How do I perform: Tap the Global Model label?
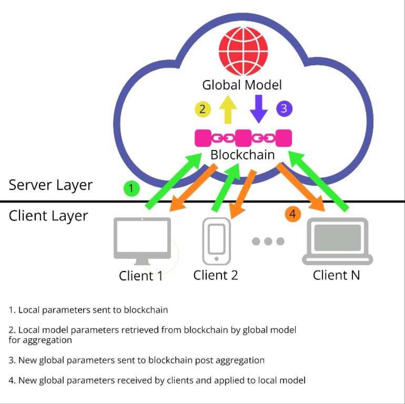point(242,85)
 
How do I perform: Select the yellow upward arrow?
point(227,109)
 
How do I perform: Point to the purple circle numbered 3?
point(284,109)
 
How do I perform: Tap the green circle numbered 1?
point(132,188)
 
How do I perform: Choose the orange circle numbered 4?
point(292,214)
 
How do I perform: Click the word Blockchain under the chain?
point(242,154)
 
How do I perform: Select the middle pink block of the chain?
point(243,138)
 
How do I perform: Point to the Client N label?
point(336,275)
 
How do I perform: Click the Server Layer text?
point(51,185)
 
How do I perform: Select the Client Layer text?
point(48,216)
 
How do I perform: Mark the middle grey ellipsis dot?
point(268,241)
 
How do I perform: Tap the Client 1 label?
point(141,276)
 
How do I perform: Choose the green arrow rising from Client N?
point(323,182)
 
